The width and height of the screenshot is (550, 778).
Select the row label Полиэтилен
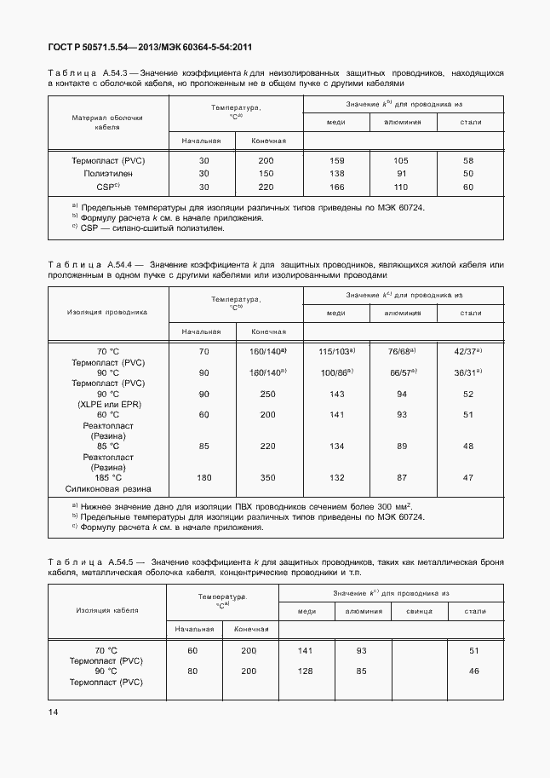[107, 173]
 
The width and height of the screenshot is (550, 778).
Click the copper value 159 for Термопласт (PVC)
[336, 160]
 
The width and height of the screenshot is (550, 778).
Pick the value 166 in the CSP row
[336, 187]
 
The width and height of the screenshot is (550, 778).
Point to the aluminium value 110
[403, 187]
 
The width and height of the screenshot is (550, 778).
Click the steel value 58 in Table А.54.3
[468, 160]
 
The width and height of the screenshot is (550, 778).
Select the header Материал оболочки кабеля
[107, 122]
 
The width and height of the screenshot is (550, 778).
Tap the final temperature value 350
[269, 478]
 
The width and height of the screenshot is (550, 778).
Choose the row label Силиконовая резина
[107, 489]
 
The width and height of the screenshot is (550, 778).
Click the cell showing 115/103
[336, 351]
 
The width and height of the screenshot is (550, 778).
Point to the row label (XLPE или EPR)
[107, 404]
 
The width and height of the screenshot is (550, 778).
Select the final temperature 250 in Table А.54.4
[269, 394]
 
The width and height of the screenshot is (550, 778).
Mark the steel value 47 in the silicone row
[468, 478]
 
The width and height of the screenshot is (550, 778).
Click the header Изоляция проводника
[107, 312]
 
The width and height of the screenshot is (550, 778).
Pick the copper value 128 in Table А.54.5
[306, 671]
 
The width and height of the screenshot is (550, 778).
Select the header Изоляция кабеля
[107, 610]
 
